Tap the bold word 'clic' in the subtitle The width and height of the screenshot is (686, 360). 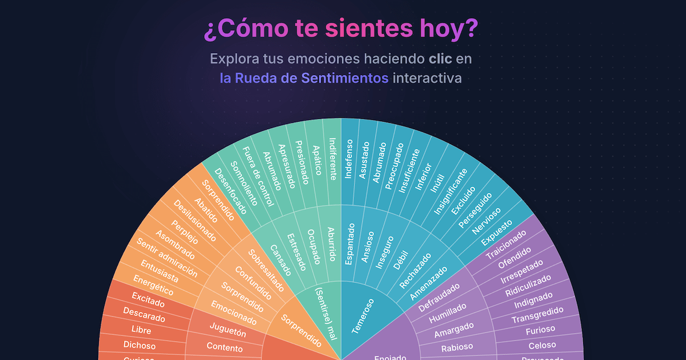pyautogui.click(x=441, y=59)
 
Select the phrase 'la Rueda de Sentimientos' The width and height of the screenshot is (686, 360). pyautogui.click(x=304, y=78)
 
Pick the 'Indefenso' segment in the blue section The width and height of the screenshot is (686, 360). pyautogui.click(x=349, y=158)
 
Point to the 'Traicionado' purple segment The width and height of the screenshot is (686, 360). pyautogui.click(x=505, y=245)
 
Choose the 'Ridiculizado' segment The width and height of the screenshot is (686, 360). pyautogui.click(x=528, y=285)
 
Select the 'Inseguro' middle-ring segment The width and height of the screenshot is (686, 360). pyautogui.click(x=384, y=251)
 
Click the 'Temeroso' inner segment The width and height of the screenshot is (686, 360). pyautogui.click(x=362, y=315)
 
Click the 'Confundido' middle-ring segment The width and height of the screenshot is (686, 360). pyautogui.click(x=252, y=283)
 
